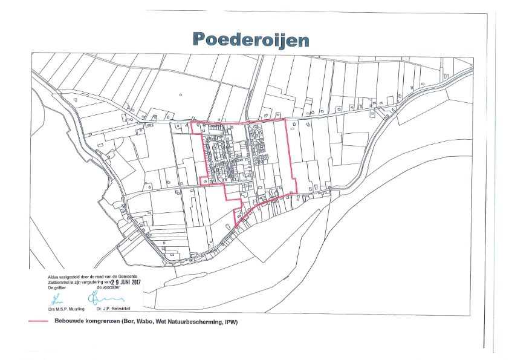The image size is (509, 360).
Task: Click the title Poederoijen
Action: pos(251,39)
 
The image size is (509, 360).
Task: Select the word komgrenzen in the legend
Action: pos(103,321)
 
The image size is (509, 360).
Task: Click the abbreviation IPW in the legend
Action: pos(229,321)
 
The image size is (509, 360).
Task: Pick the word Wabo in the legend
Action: pos(148,321)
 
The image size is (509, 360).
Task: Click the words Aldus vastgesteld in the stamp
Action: pos(63,277)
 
